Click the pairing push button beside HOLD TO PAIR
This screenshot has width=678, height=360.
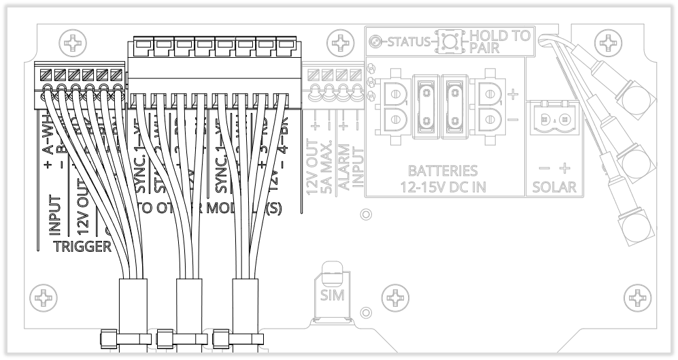(448, 41)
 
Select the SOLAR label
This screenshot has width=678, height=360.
(554, 187)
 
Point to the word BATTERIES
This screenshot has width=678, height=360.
(443, 171)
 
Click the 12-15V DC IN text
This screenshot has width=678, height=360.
(443, 186)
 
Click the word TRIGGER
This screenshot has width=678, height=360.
(82, 246)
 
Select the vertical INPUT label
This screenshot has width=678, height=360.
(56, 215)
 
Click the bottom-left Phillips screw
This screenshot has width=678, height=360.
(43, 297)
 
